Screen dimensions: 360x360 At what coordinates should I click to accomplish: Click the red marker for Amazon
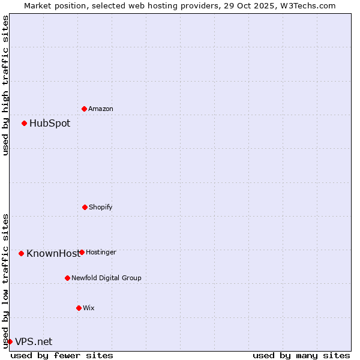click(x=84, y=109)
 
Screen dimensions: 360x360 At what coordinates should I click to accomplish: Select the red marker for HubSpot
click(x=24, y=124)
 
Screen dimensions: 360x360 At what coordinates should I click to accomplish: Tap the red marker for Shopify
click(x=85, y=207)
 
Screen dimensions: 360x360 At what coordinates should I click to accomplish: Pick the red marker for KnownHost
click(x=21, y=253)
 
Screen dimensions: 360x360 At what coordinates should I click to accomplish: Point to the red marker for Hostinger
click(x=82, y=252)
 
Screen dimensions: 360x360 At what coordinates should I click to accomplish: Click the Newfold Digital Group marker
click(x=67, y=278)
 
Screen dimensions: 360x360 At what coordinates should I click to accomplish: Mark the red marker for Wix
click(x=79, y=308)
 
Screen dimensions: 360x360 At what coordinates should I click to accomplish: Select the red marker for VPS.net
click(x=10, y=341)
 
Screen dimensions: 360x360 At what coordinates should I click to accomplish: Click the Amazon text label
click(x=101, y=109)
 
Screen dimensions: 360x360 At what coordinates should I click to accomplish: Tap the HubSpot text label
click(x=50, y=124)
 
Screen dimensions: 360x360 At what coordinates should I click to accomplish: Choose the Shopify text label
click(x=101, y=207)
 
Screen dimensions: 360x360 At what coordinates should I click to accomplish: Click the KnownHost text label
click(x=52, y=253)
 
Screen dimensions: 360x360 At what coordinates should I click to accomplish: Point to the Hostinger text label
click(x=101, y=252)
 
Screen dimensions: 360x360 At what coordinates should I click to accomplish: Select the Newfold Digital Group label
click(x=107, y=278)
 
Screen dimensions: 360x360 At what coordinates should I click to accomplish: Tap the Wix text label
click(x=89, y=308)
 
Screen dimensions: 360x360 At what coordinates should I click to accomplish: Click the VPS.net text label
click(x=34, y=341)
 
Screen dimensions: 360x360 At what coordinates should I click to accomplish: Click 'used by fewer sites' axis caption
click(x=62, y=355)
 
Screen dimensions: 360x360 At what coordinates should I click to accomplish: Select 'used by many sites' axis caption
click(x=301, y=355)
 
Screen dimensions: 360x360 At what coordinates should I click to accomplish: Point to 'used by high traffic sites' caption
click(x=5, y=85)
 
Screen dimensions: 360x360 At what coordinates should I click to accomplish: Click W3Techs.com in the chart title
click(x=307, y=5)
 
